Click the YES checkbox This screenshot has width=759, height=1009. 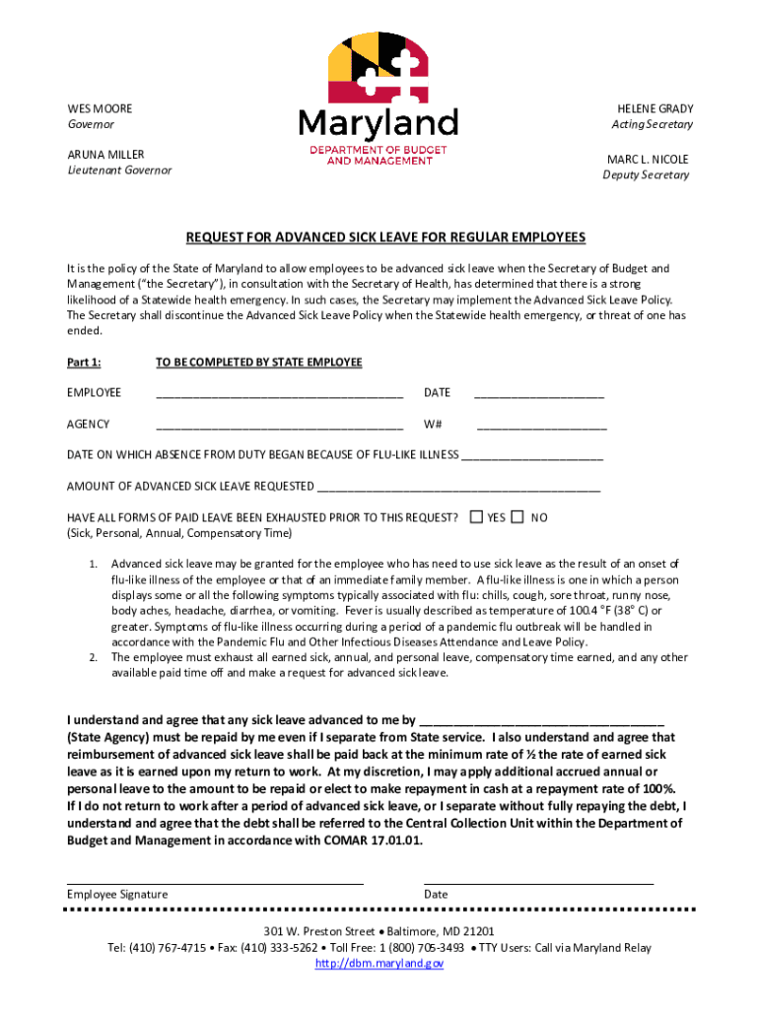pyautogui.click(x=477, y=517)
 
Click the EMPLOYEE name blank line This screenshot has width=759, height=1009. pyautogui.click(x=279, y=394)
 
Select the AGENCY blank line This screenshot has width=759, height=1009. pyautogui.click(x=279, y=426)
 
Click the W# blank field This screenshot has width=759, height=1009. pyautogui.click(x=541, y=426)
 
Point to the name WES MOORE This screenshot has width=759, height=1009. pyautogui.click(x=100, y=108)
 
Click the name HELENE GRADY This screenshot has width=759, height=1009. pyautogui.click(x=655, y=108)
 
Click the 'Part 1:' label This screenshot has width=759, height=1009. pyautogui.click(x=84, y=363)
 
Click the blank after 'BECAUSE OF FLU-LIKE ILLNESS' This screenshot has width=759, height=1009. pyautogui.click(x=532, y=456)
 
